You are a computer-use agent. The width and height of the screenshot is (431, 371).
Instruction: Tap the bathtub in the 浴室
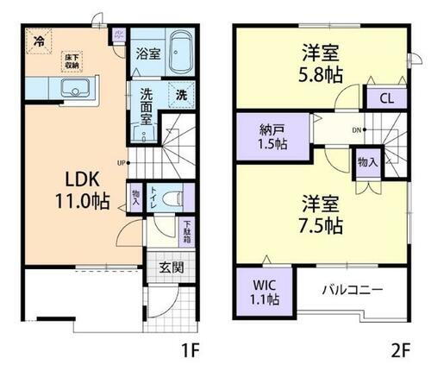(179, 53)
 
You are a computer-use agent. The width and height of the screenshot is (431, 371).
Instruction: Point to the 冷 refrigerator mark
(39, 41)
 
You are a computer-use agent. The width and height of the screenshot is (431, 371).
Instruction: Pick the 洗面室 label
(147, 107)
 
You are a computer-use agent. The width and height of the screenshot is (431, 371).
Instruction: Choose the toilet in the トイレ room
(173, 194)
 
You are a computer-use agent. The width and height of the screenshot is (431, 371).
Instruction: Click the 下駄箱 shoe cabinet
(187, 230)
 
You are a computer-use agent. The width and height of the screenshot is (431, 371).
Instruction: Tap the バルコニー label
(353, 288)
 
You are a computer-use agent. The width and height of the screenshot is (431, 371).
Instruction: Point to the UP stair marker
(122, 160)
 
